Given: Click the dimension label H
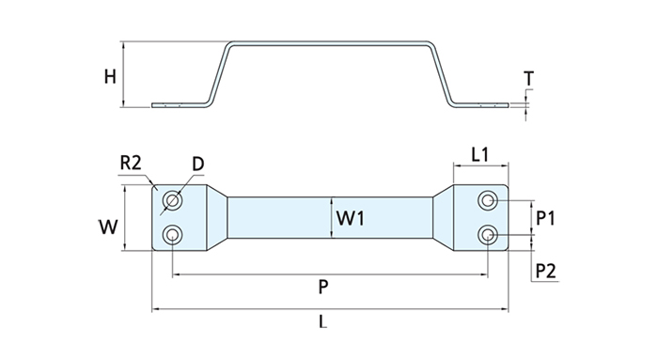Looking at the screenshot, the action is click(110, 77).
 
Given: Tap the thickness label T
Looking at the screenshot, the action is click(528, 78).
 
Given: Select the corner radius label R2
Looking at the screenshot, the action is click(131, 163).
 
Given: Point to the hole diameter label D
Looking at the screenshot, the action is click(198, 164).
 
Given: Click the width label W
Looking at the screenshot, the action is click(108, 227).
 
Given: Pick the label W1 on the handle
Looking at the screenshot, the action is click(351, 218).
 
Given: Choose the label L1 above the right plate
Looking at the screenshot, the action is click(480, 155).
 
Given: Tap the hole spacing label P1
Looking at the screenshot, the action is click(545, 218).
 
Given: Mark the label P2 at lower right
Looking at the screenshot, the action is click(546, 271).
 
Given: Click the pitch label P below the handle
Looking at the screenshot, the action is click(322, 287).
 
